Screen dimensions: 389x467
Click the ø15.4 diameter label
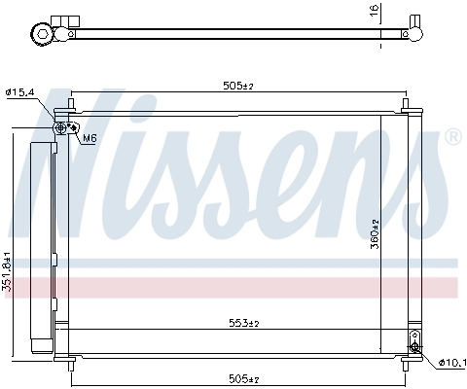coord(20,91)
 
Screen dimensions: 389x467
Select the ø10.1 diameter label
coord(451,363)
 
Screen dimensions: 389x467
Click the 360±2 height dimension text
coord(373,233)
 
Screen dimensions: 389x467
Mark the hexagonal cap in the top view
coord(43,34)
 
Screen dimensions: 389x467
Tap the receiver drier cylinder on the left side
coord(42,248)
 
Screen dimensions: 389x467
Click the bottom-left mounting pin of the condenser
coord(73,363)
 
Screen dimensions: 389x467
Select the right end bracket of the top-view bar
coord(414,31)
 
